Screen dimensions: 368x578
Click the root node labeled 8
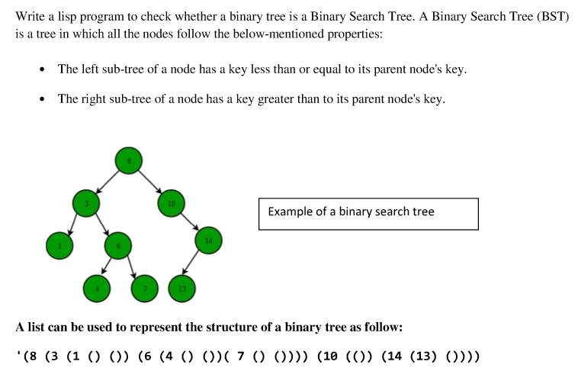[x=129, y=160]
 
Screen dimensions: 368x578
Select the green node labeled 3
[x=86, y=203]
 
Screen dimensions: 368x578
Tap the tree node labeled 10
[x=171, y=203]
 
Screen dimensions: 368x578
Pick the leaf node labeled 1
[x=59, y=245]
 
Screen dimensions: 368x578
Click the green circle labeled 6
[x=118, y=246]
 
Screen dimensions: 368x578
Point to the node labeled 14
[x=208, y=240]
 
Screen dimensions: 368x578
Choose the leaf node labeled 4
[x=97, y=288]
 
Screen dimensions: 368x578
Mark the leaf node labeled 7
[x=145, y=288]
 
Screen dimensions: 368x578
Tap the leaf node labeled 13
[x=182, y=288]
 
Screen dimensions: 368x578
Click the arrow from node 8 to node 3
[x=108, y=182]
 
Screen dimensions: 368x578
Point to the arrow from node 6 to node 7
[x=131, y=266]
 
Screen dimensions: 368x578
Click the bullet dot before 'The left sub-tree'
[x=42, y=70]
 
